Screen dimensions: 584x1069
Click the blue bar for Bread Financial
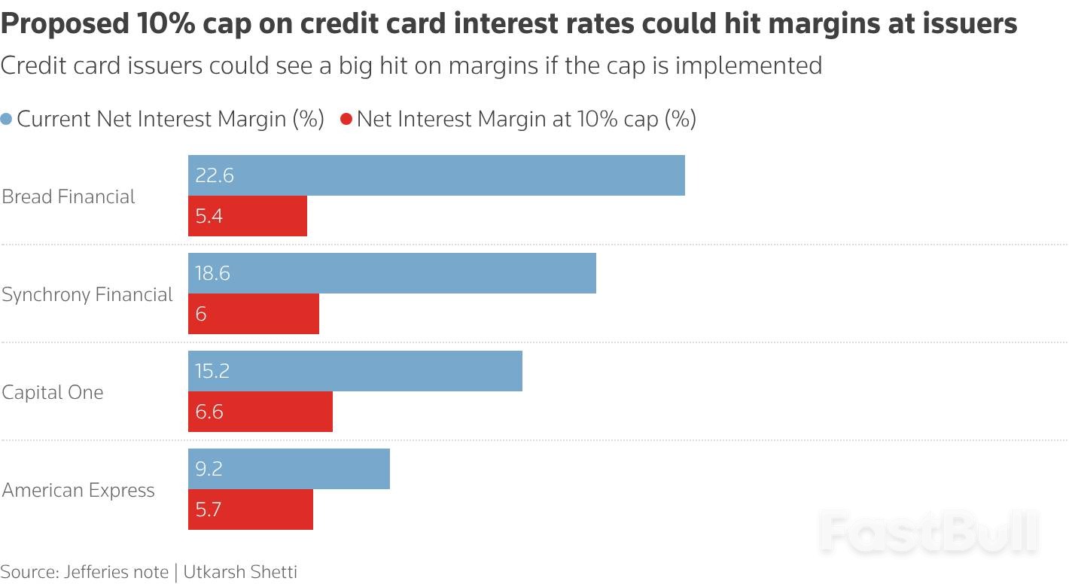(437, 175)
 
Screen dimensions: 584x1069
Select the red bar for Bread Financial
(248, 217)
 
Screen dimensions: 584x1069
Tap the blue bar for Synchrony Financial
(392, 273)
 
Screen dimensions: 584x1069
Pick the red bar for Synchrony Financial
(254, 314)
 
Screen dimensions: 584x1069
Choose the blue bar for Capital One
(355, 371)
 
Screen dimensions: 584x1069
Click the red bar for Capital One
(260, 412)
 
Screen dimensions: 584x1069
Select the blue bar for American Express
(289, 469)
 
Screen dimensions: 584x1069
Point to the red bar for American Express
(251, 509)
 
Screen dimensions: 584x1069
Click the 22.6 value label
(215, 175)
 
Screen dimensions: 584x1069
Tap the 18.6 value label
(212, 273)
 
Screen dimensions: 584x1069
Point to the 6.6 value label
(209, 412)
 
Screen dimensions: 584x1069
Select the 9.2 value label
(209, 469)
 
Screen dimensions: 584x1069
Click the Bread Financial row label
(69, 196)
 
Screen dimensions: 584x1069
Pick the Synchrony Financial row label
(87, 294)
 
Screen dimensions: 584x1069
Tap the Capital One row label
(53, 392)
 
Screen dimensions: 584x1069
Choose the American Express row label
(78, 490)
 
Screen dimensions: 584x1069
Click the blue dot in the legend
(7, 120)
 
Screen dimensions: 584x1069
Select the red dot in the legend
(346, 120)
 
